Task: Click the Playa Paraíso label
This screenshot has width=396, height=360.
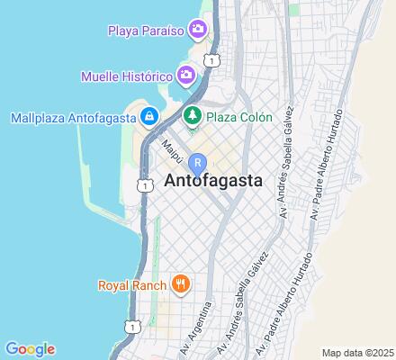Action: tap(145, 30)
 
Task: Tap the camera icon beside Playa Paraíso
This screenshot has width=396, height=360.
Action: tap(200, 30)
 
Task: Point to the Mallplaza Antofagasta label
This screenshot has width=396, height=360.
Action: tap(72, 116)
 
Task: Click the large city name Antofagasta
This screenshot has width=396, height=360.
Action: tap(214, 180)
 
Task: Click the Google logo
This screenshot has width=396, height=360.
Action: tap(30, 349)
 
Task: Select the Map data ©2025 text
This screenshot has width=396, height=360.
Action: tap(358, 353)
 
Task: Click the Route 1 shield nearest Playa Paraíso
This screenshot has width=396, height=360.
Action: tap(211, 59)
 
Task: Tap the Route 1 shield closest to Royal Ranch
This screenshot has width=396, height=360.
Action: tap(132, 325)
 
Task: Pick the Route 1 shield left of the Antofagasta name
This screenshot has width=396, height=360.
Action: tap(144, 184)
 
